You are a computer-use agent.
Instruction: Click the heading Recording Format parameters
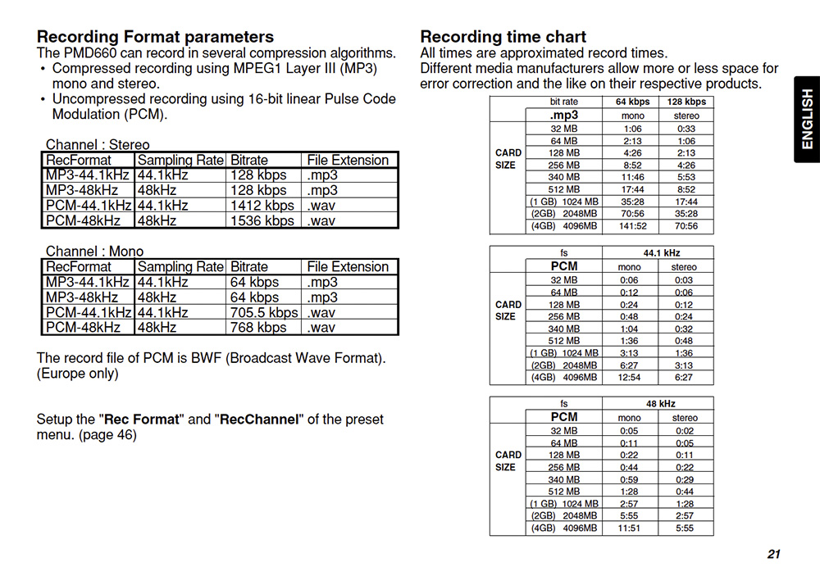tap(155, 37)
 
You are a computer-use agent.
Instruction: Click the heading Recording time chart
tap(503, 37)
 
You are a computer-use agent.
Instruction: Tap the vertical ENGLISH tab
tap(807, 120)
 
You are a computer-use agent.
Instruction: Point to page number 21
tap(773, 555)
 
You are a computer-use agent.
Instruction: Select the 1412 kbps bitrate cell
tap(262, 206)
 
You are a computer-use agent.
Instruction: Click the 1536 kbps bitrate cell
tap(262, 220)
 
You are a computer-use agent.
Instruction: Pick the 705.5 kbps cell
tap(264, 312)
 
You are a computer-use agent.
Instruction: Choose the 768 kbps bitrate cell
tap(259, 327)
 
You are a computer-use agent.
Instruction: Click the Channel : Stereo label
tap(98, 145)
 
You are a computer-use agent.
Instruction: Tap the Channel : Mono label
tap(94, 252)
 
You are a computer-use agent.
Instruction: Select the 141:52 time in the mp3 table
tap(632, 226)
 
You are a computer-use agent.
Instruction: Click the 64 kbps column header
tap(632, 102)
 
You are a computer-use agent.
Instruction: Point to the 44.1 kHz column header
tap(658, 253)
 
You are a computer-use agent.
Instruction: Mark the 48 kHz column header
tap(658, 404)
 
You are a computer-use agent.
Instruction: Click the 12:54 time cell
tap(630, 378)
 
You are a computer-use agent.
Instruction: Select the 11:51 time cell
tap(630, 528)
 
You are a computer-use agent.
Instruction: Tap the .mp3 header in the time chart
tap(564, 116)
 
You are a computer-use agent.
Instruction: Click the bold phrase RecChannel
tap(259, 420)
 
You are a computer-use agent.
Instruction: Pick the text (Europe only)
tap(78, 374)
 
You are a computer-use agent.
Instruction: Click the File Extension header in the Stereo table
tap(348, 161)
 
